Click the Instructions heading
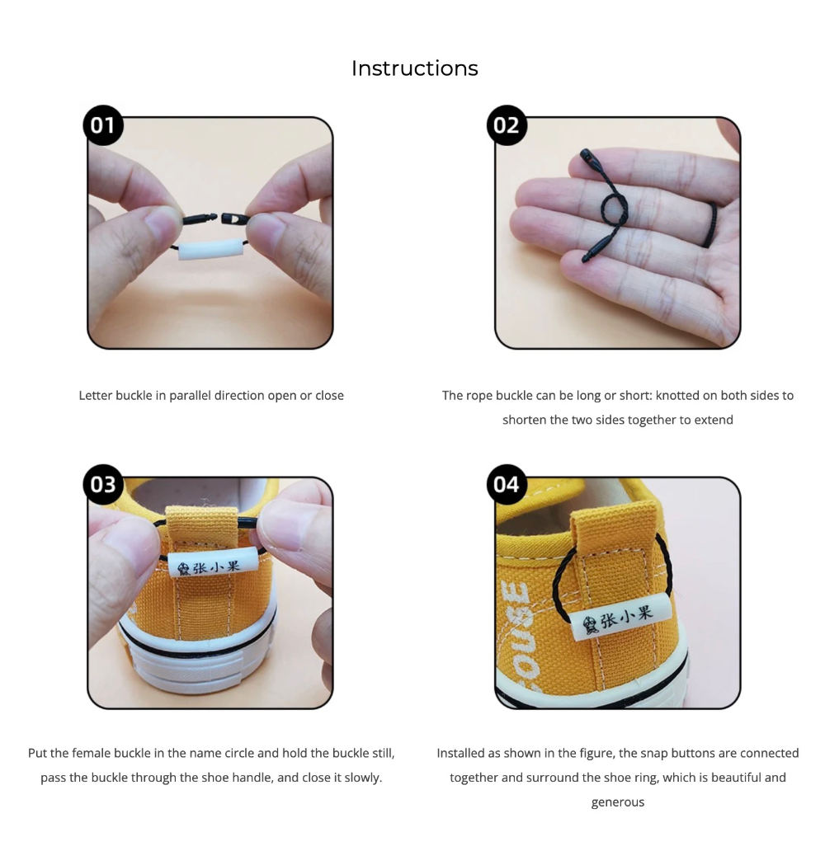[414, 68]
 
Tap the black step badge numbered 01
[102, 125]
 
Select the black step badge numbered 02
[507, 125]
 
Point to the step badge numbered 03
[102, 484]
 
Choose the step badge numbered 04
[507, 484]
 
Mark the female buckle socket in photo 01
[234, 219]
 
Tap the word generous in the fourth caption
[617, 802]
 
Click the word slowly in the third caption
[362, 778]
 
